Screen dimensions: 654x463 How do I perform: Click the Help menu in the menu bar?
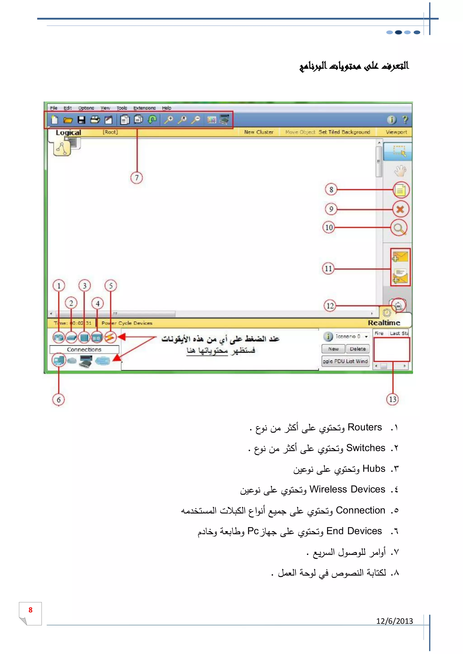coord(166,108)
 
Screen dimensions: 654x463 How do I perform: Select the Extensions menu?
coord(144,108)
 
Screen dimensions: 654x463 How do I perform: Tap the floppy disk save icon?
coord(82,120)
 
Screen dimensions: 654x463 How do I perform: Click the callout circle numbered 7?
coord(137,178)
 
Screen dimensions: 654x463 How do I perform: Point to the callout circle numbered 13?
coord(393,399)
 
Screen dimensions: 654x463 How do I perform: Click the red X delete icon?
coord(400,209)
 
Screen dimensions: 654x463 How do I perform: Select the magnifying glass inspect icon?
coord(399,228)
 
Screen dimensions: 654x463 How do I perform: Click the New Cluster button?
coord(259,132)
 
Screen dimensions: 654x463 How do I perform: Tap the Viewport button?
coord(396,132)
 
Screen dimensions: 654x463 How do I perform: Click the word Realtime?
coord(384,323)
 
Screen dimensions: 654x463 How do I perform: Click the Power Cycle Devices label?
coord(127,323)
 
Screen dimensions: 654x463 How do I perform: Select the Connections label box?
coord(84,350)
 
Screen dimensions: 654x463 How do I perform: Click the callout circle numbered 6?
coord(59,400)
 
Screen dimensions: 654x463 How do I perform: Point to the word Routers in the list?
coord(364,427)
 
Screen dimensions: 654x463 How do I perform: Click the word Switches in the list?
coord(366,448)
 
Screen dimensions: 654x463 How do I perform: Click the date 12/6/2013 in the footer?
coord(394,621)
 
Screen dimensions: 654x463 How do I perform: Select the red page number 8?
coord(31,610)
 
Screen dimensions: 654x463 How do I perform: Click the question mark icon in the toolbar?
coord(405,120)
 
